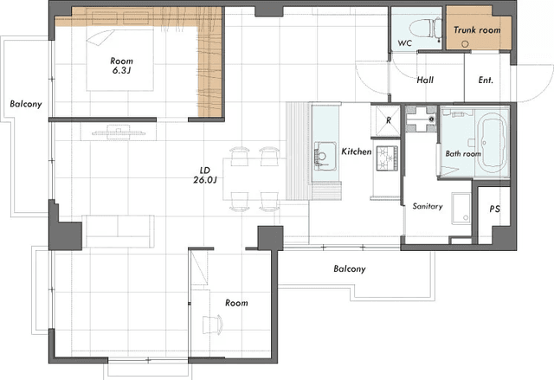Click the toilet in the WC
pos(425,29)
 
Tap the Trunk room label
pos(477,30)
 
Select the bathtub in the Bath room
pos(492,145)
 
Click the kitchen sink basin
pos(325,156)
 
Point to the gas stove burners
pos(388,158)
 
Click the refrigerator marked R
pos(386,121)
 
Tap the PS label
pos(494,209)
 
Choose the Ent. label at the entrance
pos(486,81)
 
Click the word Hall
pos(425,81)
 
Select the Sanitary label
pos(428,206)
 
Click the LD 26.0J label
pos(205,175)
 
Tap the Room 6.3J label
pos(121,66)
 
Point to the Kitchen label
pos(357,151)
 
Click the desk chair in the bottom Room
pos(213,325)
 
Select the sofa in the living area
pos(118,231)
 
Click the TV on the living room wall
pos(119,132)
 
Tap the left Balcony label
pos(26,104)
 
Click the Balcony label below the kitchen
pos(350,268)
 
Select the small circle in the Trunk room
pos(466,44)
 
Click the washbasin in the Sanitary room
pos(461,209)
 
